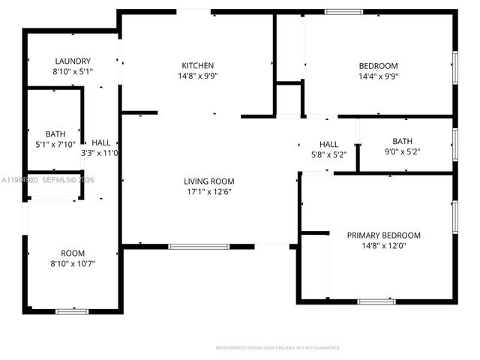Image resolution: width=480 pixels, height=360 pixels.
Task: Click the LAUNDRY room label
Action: coord(73,61)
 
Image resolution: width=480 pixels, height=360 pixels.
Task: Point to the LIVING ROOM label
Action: coord(209,181)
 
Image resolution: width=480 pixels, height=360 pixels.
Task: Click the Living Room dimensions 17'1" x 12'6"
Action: coord(209,192)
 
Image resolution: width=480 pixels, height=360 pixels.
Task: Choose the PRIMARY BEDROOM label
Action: coord(383,235)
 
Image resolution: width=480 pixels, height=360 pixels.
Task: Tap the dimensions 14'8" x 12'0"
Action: coord(383,246)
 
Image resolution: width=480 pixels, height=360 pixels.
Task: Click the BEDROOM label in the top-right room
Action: coord(378,66)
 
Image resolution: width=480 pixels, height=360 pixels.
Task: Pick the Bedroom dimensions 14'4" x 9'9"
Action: coord(378,76)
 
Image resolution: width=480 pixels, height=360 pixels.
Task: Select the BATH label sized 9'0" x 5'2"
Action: coord(403,141)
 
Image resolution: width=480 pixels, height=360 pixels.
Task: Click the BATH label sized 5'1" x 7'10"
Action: coord(55,134)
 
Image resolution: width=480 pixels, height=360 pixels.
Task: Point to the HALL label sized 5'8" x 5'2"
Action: coord(328,145)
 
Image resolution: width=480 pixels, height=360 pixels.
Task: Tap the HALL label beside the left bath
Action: coord(100,142)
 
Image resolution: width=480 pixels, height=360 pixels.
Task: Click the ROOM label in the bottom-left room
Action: coord(73,253)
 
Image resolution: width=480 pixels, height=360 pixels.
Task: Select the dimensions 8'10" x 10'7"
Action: coord(73,264)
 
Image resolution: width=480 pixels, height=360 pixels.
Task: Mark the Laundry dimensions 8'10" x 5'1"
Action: coord(73,72)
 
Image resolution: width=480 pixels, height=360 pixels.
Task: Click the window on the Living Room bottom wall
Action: coord(199,246)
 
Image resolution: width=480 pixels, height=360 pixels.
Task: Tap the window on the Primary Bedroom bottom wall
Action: coord(376,301)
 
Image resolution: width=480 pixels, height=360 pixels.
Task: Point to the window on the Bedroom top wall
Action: coord(343,11)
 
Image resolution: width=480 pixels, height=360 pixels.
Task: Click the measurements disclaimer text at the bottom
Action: coord(277,348)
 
